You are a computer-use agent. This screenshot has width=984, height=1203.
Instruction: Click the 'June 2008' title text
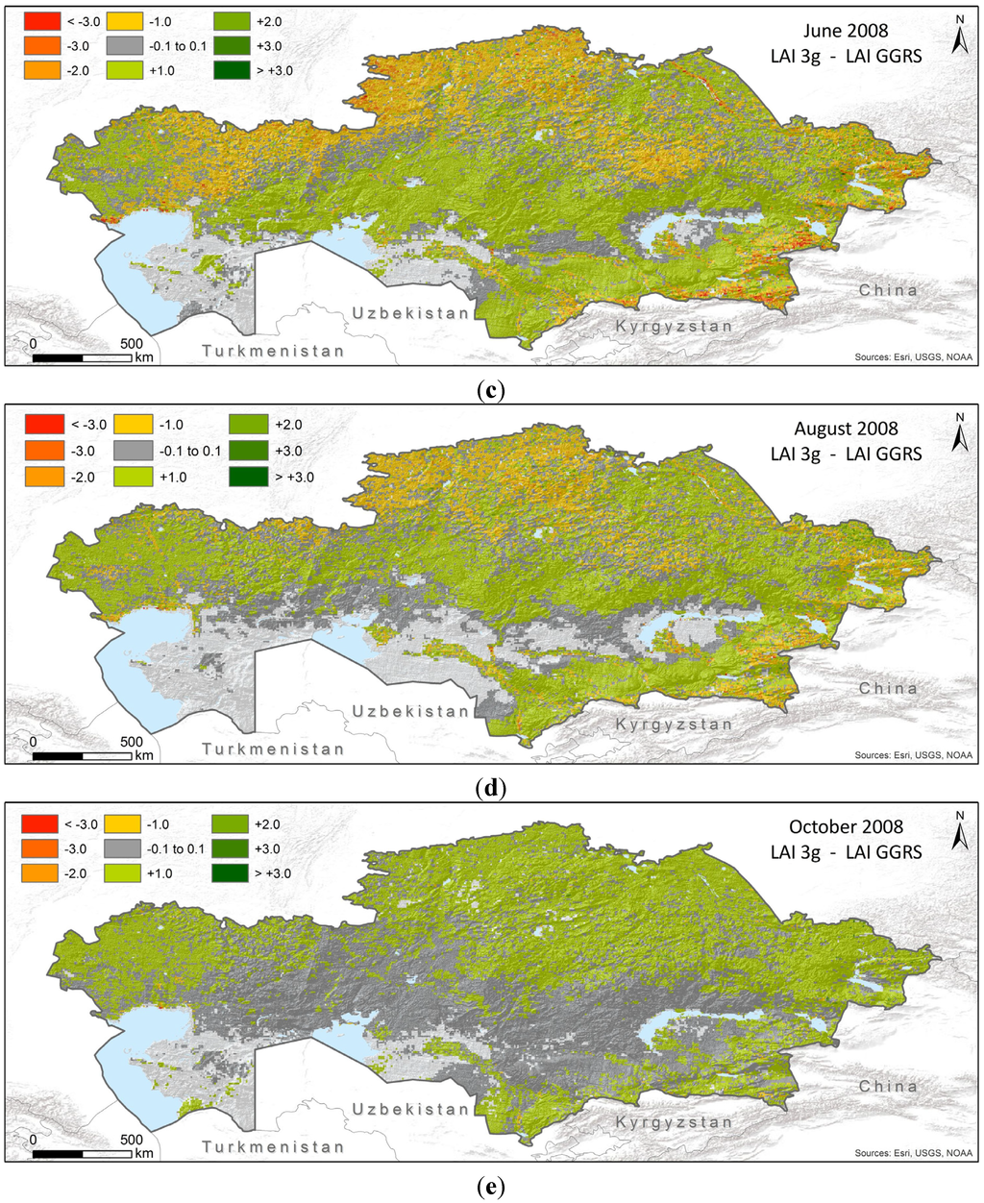846,31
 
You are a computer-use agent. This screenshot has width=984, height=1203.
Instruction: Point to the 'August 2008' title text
846,429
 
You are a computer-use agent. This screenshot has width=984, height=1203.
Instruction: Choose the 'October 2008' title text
846,826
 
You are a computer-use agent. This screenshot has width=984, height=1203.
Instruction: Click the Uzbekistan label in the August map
410,711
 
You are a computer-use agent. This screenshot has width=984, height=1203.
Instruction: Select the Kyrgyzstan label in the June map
674,327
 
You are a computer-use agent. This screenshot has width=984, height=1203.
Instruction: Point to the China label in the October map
888,1086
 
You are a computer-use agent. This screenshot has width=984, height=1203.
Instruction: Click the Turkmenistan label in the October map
273,1146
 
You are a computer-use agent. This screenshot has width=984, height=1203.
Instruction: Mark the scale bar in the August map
82,756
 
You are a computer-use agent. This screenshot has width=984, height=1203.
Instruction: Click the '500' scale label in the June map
132,344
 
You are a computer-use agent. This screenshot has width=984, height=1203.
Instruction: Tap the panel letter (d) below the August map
491,789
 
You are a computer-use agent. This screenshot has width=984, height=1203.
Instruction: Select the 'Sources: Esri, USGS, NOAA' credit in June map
913,357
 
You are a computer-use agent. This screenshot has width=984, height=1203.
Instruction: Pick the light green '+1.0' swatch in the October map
227,873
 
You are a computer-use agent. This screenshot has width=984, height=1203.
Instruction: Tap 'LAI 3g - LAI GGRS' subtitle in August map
846,454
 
